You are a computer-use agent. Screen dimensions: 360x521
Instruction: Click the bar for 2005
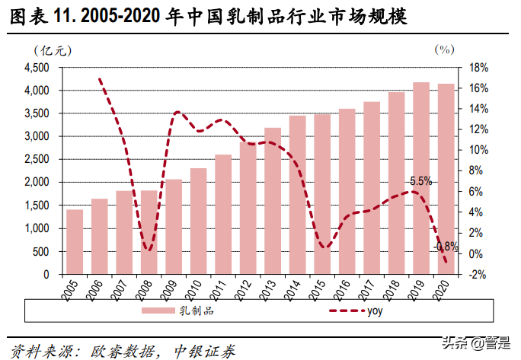75,241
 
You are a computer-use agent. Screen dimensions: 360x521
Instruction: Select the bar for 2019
420,178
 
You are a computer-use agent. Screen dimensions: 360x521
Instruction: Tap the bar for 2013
272,201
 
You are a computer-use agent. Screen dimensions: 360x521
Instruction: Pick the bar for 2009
174,227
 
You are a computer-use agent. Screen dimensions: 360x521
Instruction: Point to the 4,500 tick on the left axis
36,68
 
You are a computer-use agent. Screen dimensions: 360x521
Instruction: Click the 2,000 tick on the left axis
36,183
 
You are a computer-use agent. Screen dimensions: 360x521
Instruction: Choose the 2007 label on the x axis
124,288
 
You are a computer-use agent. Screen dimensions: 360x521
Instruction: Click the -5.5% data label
418,181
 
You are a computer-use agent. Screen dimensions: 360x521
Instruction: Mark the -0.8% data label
446,247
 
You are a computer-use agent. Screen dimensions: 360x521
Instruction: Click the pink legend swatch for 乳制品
157,311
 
